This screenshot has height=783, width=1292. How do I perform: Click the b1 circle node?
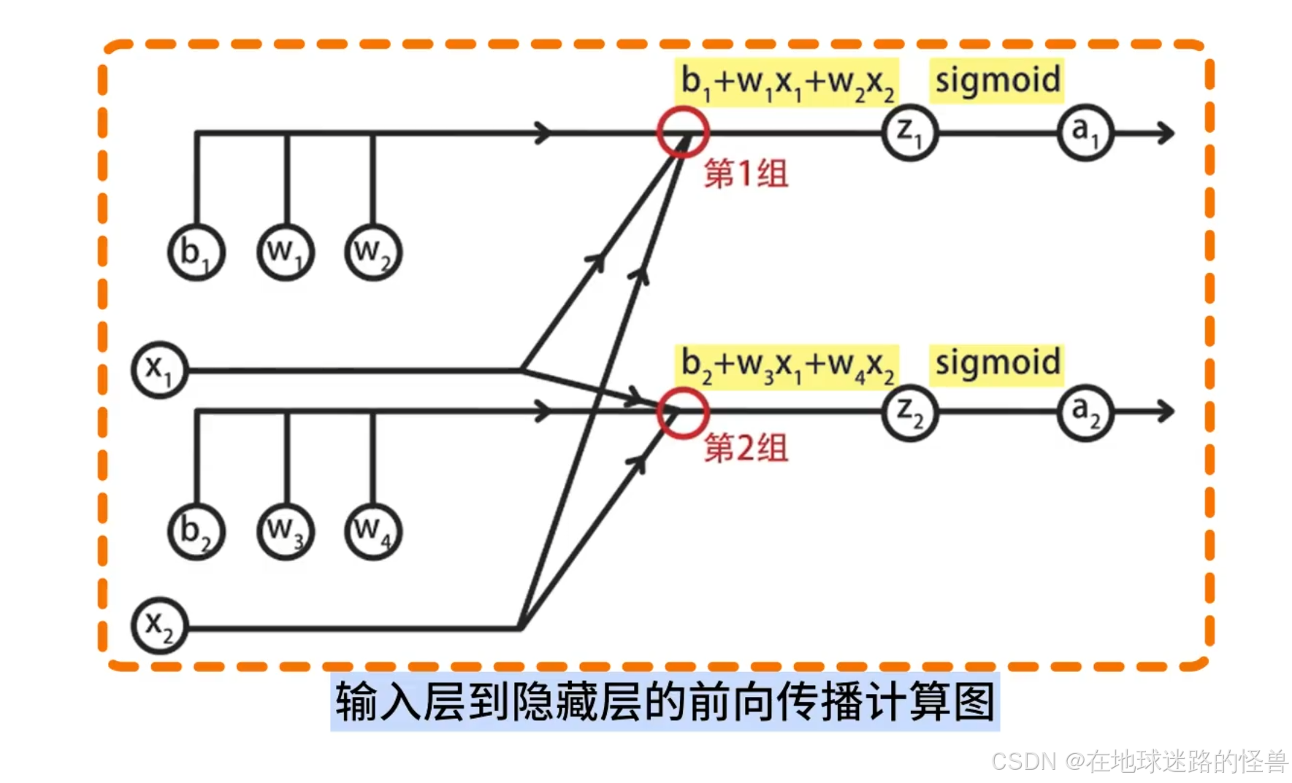point(196,252)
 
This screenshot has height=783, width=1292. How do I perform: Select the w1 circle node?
point(286,252)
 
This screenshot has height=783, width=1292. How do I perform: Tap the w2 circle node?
point(373,252)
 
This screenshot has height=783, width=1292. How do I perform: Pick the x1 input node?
point(159,370)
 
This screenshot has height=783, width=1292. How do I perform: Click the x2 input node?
point(159,626)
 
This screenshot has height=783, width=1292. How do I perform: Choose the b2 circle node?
point(196,531)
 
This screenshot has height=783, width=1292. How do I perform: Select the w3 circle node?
point(286,531)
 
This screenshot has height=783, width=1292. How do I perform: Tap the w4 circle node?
point(373,531)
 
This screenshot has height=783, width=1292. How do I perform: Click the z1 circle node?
point(909,134)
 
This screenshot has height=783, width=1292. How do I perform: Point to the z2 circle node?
point(909,413)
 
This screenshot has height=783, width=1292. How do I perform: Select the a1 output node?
point(1085,133)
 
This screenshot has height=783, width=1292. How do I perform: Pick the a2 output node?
point(1085,413)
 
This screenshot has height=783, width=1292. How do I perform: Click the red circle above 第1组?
point(682,132)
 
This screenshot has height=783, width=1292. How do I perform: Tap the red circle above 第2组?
point(682,413)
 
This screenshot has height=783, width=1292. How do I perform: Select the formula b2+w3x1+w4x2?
point(787,366)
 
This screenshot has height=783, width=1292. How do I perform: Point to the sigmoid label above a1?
point(997,80)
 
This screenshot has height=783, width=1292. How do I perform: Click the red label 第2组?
point(746,448)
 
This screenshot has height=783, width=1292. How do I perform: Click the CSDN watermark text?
point(1139,761)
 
